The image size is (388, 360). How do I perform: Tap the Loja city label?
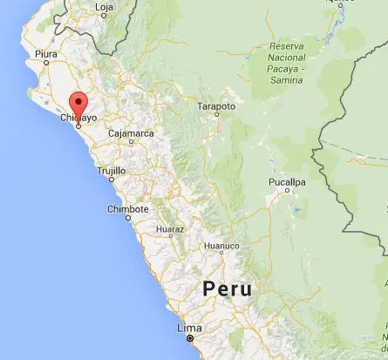[105, 8]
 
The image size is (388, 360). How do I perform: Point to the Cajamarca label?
[131, 133]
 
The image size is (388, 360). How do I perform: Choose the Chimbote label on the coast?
[127, 209]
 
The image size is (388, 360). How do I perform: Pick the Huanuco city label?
[221, 246]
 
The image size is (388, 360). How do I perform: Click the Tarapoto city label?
[217, 105]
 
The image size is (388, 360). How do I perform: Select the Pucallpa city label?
[288, 182]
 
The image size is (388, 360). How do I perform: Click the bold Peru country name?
[227, 289]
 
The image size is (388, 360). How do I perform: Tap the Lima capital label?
[189, 328]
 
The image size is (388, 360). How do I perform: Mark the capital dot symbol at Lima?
[190, 337]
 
